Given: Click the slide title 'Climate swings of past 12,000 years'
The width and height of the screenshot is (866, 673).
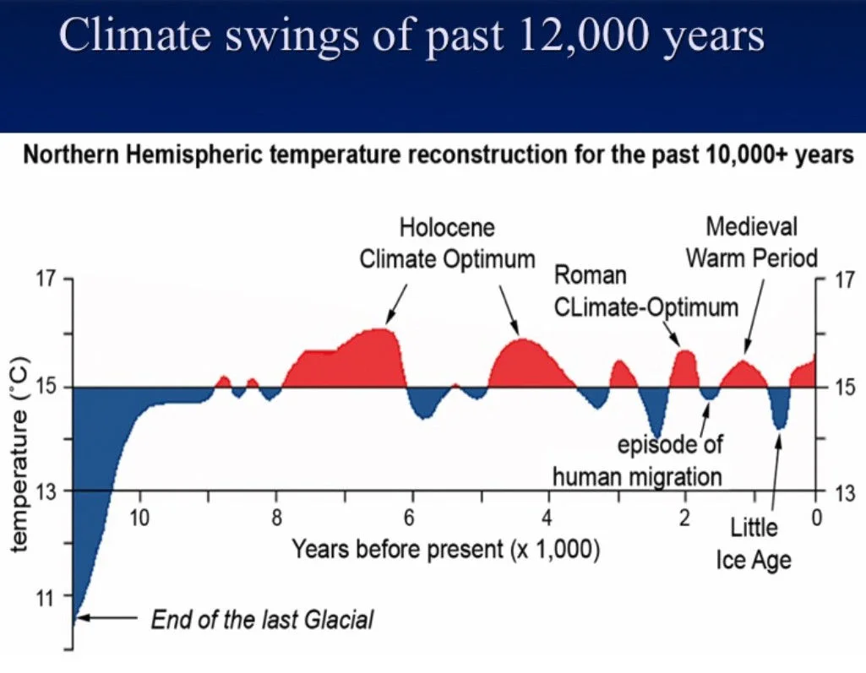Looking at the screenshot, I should [411, 38].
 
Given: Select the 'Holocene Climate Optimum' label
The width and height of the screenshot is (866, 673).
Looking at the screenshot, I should [447, 243].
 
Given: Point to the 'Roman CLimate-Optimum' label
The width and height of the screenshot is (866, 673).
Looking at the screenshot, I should [645, 291].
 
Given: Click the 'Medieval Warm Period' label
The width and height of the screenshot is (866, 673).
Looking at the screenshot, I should [751, 242].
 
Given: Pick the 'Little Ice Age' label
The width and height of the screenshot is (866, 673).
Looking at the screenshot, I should [754, 544].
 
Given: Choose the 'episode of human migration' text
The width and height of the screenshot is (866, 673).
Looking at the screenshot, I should [637, 460].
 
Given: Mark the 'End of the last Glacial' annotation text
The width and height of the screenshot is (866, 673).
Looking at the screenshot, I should [262, 621].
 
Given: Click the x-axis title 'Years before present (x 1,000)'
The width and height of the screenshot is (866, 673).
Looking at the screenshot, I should [446, 550].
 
